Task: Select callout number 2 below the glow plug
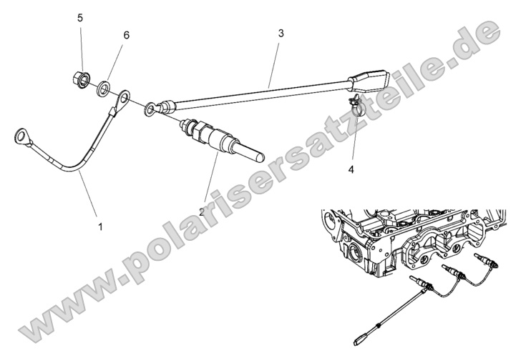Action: (x=202, y=212)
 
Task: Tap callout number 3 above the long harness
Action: (x=281, y=33)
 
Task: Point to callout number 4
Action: (x=351, y=169)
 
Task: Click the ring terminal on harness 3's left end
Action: (x=150, y=109)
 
